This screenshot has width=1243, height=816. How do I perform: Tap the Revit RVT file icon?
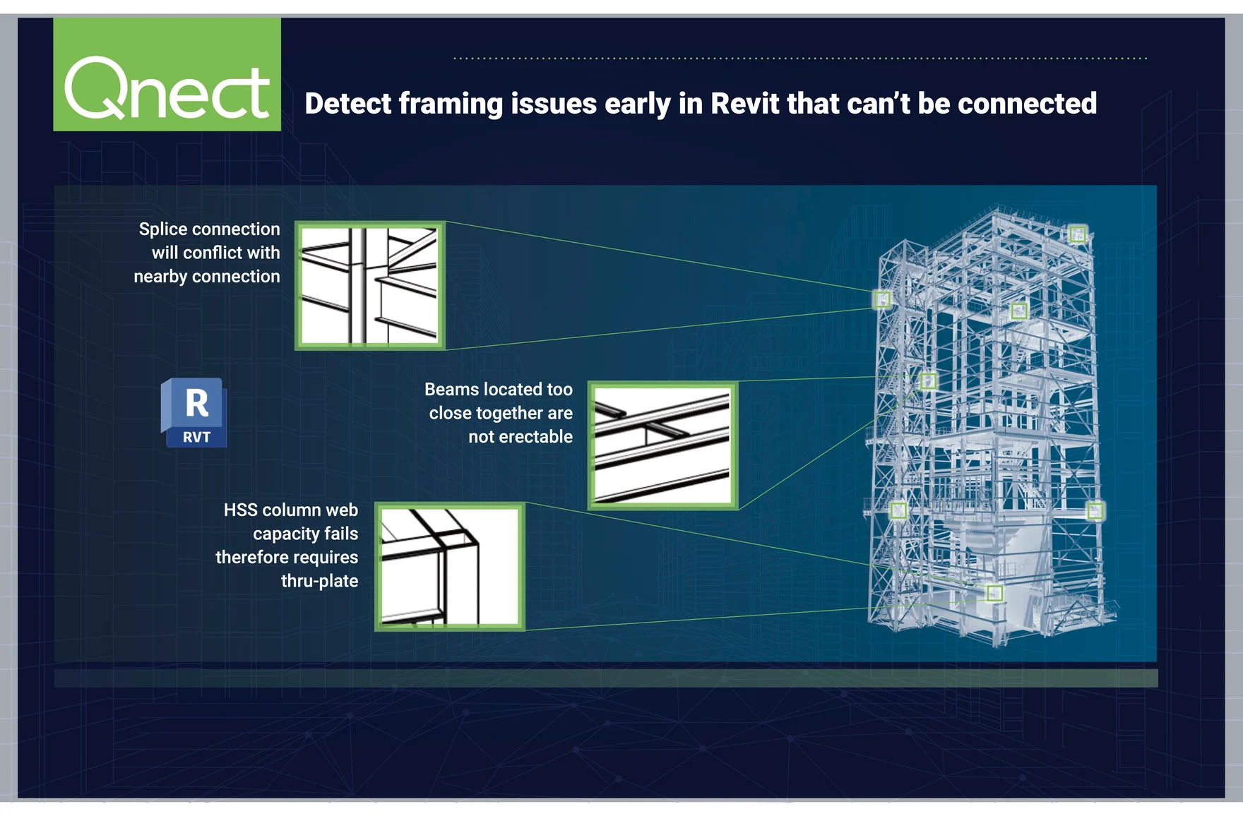tap(194, 413)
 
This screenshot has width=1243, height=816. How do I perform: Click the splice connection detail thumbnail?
tap(369, 285)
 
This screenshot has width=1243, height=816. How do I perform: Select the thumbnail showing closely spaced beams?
tap(662, 445)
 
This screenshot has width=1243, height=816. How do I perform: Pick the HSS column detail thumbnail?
tap(450, 566)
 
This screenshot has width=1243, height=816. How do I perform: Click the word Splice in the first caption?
tap(163, 229)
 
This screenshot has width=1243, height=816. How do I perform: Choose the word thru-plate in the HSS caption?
tap(319, 581)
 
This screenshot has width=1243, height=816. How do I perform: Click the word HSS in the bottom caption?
tap(240, 510)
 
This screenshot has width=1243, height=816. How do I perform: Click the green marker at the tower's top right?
tap(1078, 233)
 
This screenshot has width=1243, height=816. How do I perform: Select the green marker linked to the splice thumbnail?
tap(882, 300)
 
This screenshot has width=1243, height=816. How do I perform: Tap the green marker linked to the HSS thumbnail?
tap(994, 593)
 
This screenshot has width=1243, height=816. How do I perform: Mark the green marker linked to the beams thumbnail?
tap(928, 381)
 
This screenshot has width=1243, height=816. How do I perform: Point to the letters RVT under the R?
tap(196, 437)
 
